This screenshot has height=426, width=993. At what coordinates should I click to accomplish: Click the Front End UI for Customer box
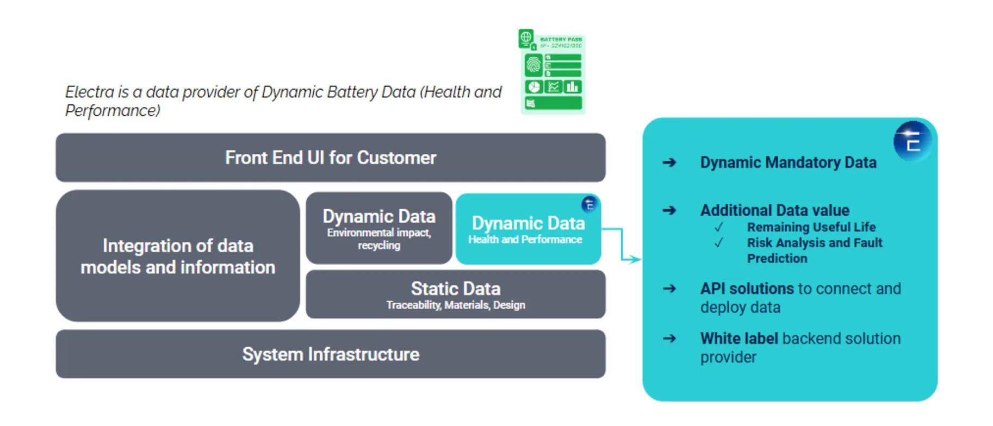coord(330,158)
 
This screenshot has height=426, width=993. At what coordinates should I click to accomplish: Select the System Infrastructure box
coord(330,354)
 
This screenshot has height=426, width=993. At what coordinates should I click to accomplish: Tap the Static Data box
coord(455,294)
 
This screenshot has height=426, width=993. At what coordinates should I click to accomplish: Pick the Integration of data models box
coord(177,256)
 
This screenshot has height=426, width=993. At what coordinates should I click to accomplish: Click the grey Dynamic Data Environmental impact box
coord(378,228)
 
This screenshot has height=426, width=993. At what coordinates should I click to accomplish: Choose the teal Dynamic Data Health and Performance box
coord(527,229)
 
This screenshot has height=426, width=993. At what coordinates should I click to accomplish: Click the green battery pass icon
coord(552,72)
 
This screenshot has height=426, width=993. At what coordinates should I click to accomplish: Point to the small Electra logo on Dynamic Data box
coord(589,204)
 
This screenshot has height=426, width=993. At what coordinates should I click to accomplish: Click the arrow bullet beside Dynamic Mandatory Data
coord(669,162)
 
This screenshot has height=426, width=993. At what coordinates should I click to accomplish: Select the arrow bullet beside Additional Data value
coord(669,210)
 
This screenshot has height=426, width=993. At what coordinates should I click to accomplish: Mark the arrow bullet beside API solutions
coord(669,289)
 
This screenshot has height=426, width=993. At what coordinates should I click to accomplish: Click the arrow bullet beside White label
coord(669,339)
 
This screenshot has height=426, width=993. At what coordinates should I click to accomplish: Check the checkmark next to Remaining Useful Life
coord(719,227)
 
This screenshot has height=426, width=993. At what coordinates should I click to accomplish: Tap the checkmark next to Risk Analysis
coord(719,243)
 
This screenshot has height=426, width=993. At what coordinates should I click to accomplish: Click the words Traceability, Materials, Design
coord(456,305)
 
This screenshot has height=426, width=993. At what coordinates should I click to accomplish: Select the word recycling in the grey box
coord(379,246)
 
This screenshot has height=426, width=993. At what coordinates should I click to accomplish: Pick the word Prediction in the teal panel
coord(777,259)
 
